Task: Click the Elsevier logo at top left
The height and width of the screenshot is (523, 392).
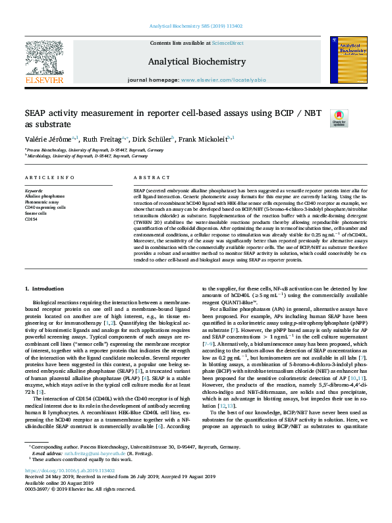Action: [44, 63]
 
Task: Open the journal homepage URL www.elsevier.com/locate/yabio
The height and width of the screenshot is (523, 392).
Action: [221, 80]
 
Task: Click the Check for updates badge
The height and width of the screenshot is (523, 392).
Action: [339, 118]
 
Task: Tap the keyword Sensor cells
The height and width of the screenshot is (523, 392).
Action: [36, 213]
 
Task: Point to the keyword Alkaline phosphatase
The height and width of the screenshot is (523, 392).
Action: [45, 196]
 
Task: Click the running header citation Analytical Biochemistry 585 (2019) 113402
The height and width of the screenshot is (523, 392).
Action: [196, 26]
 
